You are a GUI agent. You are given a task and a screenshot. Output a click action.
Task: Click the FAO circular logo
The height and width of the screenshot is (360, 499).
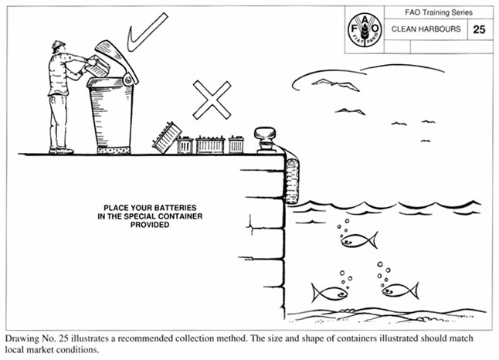365,29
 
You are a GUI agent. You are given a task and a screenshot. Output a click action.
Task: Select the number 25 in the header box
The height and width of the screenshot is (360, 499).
479,29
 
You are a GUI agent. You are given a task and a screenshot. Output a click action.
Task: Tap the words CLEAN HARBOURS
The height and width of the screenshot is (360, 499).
426,29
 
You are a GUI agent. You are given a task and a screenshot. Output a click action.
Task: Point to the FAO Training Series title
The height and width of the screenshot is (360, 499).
439,12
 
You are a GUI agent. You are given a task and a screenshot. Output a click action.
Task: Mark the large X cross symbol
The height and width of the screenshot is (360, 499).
212,100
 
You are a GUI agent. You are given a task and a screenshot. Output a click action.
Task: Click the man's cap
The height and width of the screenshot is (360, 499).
58,44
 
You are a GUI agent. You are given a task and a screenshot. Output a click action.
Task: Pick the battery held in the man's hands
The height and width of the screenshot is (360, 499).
97,66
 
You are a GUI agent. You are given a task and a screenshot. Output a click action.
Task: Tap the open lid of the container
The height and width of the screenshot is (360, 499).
117,61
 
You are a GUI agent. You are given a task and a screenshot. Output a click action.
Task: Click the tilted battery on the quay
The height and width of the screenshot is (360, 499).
166,138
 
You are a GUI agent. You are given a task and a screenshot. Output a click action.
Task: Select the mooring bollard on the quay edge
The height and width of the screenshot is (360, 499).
265,140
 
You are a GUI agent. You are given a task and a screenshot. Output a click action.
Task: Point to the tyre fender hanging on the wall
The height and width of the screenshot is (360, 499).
292,181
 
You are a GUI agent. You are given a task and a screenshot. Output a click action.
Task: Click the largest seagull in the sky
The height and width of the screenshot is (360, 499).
336,84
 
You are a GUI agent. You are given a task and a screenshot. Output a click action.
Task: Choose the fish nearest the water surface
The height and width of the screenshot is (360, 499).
359,240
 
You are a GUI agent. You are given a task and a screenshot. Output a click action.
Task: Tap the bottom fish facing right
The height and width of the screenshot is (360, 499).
330,293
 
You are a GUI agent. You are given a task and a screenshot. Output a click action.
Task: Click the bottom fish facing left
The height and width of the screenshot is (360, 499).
401,290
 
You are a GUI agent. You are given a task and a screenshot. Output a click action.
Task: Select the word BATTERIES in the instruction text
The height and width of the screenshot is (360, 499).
172,208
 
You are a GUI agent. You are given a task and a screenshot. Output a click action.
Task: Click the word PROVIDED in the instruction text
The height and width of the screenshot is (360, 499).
150,225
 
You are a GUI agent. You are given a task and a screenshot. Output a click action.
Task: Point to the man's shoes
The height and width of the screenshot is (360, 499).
61,151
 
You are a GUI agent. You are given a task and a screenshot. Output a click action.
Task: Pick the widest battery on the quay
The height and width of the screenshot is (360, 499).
210,144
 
